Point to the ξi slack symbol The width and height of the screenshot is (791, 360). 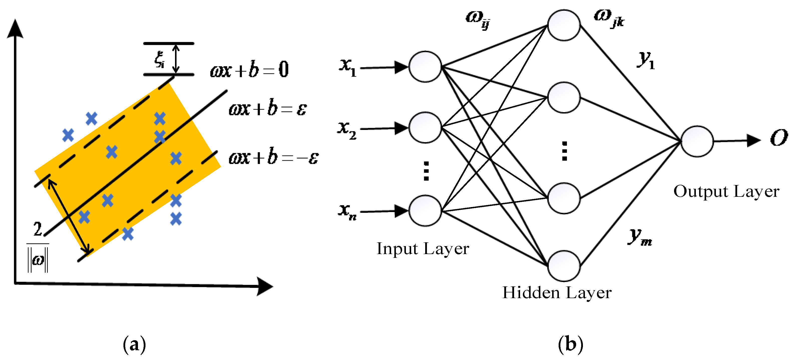pyautogui.click(x=159, y=59)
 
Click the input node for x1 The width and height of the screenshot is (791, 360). pyautogui.click(x=425, y=67)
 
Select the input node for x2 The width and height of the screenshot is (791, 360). pyautogui.click(x=425, y=127)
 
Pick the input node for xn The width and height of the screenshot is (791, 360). pyautogui.click(x=425, y=211)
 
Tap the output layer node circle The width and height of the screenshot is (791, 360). pyautogui.click(x=697, y=141)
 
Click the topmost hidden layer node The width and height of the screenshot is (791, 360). pyautogui.click(x=564, y=25)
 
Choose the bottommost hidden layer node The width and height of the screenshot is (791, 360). pyautogui.click(x=564, y=266)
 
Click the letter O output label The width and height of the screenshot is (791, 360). pyautogui.click(x=778, y=138)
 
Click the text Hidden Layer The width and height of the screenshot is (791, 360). pyautogui.click(x=557, y=292)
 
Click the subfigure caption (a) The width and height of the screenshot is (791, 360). pyautogui.click(x=134, y=344)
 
